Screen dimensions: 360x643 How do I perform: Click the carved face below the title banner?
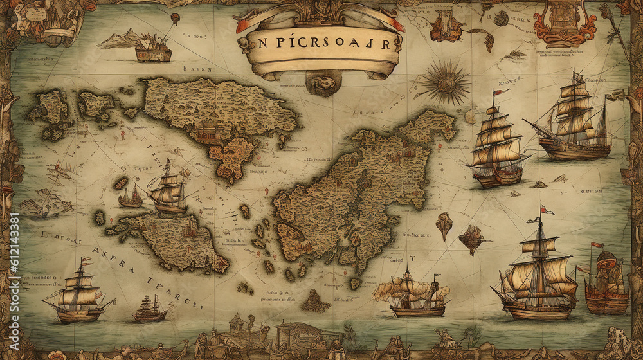pos(323,82)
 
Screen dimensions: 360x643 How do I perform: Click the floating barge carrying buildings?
pos(153,51)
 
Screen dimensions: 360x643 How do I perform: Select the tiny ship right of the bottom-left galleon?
pos(149,310)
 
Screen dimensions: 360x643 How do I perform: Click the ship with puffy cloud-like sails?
pos(412,294)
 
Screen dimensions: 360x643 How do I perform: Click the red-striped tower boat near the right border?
pos(606,282)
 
